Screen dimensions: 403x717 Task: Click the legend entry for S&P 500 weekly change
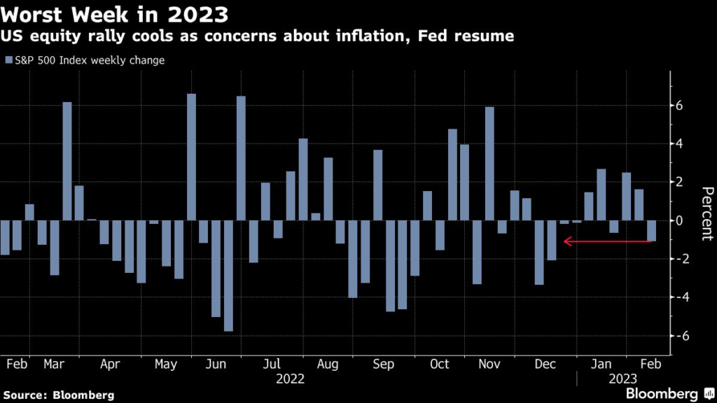(85, 60)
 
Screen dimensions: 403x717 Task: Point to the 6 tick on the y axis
(678, 106)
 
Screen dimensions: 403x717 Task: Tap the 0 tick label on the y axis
(678, 220)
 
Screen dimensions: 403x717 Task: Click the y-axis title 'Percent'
(706, 213)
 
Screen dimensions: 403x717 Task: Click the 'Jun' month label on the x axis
(216, 365)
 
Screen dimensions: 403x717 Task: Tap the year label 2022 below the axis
(290, 379)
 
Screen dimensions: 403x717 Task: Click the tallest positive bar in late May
(191, 157)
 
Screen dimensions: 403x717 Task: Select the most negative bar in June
(228, 276)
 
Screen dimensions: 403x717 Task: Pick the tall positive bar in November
(489, 164)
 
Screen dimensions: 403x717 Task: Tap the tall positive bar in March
(67, 162)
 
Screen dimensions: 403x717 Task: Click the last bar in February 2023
(651, 231)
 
